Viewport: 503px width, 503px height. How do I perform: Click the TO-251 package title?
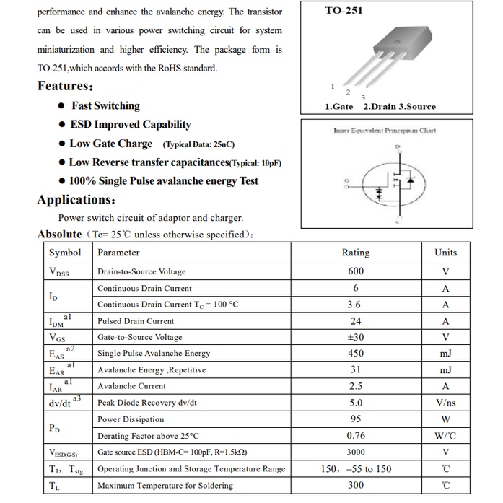[x=344, y=11]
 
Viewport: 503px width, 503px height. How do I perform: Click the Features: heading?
[x=65, y=86]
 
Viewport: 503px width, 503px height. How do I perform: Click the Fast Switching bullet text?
[x=105, y=105]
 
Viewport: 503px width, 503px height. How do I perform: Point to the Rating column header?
[x=355, y=253]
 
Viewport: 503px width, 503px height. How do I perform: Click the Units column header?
[x=445, y=253]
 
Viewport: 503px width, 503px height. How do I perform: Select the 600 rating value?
[x=355, y=271]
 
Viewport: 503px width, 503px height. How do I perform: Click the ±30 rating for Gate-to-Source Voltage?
[x=355, y=337]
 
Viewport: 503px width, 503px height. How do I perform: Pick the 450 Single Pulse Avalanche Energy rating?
[x=355, y=354]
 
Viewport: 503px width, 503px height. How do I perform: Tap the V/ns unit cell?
[x=445, y=403]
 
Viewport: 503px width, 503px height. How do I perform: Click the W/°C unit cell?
[x=445, y=436]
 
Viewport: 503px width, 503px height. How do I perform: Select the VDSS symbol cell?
[x=59, y=272]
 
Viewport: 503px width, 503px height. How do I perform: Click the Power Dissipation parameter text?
[x=131, y=419]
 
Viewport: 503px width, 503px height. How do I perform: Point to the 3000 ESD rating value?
[x=355, y=452]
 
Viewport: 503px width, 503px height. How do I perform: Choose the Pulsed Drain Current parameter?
[x=136, y=321]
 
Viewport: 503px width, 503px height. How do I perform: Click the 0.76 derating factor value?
[x=355, y=436]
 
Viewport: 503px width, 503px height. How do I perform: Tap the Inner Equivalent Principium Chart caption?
[x=384, y=131]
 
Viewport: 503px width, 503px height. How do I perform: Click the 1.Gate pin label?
[x=339, y=106]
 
